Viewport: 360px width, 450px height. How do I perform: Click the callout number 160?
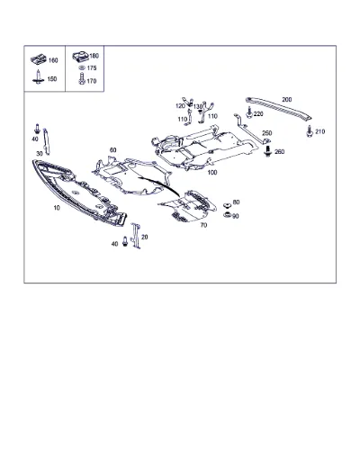tap(53, 60)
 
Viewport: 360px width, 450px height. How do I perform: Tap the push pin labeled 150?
tap(38, 76)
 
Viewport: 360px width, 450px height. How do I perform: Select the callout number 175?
tap(92, 68)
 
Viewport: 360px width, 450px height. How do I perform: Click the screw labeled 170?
tap(81, 78)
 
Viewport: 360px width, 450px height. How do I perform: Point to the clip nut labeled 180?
tap(80, 57)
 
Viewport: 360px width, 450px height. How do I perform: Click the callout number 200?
tap(287, 99)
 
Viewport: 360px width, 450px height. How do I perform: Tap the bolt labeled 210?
tap(310, 130)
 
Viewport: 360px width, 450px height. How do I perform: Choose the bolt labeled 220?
tap(248, 113)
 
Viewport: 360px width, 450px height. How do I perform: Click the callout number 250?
tap(267, 133)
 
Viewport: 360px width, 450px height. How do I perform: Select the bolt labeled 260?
tap(267, 150)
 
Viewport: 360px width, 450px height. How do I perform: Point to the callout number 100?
tap(212, 173)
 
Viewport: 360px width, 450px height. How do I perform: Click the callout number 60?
tap(112, 150)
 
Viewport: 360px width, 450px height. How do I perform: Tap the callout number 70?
tap(203, 225)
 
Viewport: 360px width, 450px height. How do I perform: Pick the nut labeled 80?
tap(227, 205)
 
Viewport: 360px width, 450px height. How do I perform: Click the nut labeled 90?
tap(227, 215)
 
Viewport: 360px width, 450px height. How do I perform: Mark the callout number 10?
tap(57, 208)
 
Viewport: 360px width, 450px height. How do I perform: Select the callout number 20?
tap(145, 237)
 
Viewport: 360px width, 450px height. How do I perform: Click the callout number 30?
tap(40, 154)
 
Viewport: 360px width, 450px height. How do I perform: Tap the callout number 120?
tap(180, 106)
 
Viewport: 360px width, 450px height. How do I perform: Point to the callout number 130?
tap(198, 107)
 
